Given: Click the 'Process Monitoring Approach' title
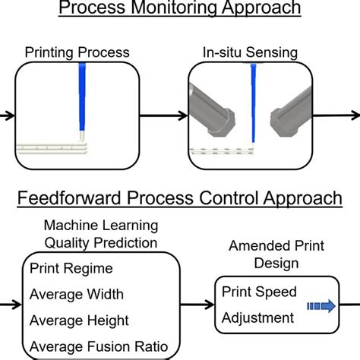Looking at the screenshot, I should click(x=179, y=9).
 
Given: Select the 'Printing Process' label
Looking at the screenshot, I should click(x=77, y=53).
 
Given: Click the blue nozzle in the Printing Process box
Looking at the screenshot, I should click(x=81, y=99).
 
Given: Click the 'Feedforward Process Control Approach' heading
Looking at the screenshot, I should click(x=179, y=199).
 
